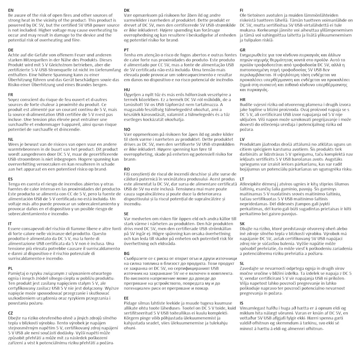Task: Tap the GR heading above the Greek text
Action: click(243, 50)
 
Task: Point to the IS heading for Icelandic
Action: click(241, 303)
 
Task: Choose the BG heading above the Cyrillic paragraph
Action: click(127, 253)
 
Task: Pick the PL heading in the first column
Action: click(11, 268)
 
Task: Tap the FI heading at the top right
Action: click(241, 10)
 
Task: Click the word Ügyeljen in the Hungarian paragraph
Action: click(133, 95)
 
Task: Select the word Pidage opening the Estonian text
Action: click(131, 303)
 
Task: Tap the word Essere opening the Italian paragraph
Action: click(16, 228)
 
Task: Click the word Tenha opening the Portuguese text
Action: click(130, 55)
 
